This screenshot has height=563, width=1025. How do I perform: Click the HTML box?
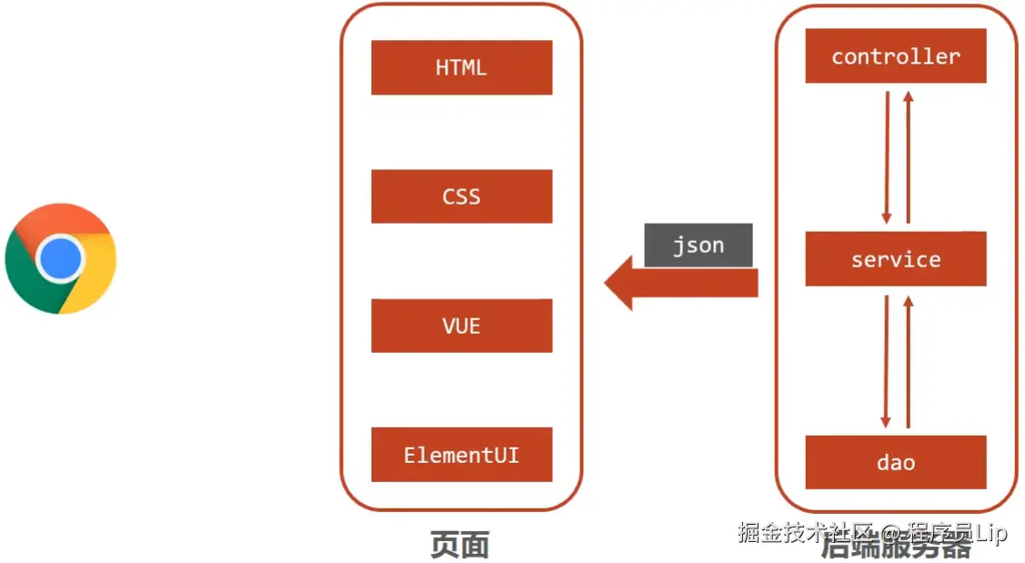461,67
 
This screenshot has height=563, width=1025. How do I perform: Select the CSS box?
461,196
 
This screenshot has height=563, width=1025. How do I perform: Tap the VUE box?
461,326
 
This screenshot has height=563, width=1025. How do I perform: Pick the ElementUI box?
461,455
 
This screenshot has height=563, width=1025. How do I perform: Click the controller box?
895,56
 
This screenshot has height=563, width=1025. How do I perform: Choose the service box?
895,259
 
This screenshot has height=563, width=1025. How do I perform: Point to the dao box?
895,462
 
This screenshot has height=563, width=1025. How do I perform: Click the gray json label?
698,246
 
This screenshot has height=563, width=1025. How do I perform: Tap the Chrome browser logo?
61,259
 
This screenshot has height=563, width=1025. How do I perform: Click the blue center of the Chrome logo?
61,259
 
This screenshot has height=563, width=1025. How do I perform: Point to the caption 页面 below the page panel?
460,545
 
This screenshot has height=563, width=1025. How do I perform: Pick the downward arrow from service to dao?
887,360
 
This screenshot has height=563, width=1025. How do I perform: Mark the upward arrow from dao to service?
907,360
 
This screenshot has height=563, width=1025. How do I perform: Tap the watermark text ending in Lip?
873,533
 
